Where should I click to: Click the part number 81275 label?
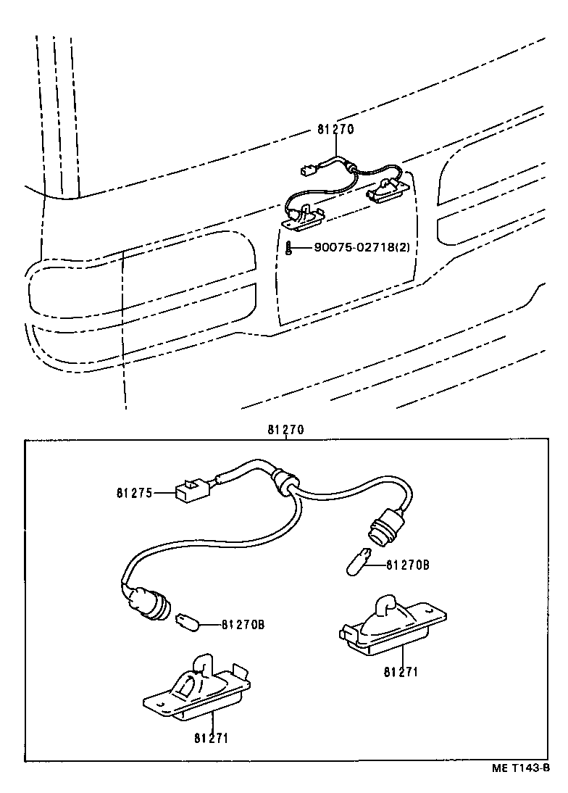[x=133, y=493]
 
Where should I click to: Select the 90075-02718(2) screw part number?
[x=362, y=247]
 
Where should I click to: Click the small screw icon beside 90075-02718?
[x=288, y=248]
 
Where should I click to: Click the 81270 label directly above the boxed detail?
[x=285, y=430]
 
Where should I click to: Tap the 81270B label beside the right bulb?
[x=407, y=564]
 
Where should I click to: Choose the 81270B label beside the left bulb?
[x=243, y=624]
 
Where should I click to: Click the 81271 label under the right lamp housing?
[x=401, y=671]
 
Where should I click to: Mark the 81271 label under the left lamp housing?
[x=212, y=738]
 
